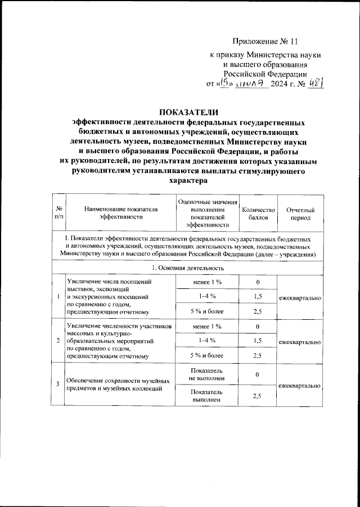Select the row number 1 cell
pos(59,297)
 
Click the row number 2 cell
pos(59,341)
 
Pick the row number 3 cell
pos(59,384)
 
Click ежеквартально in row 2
pos(300,341)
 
